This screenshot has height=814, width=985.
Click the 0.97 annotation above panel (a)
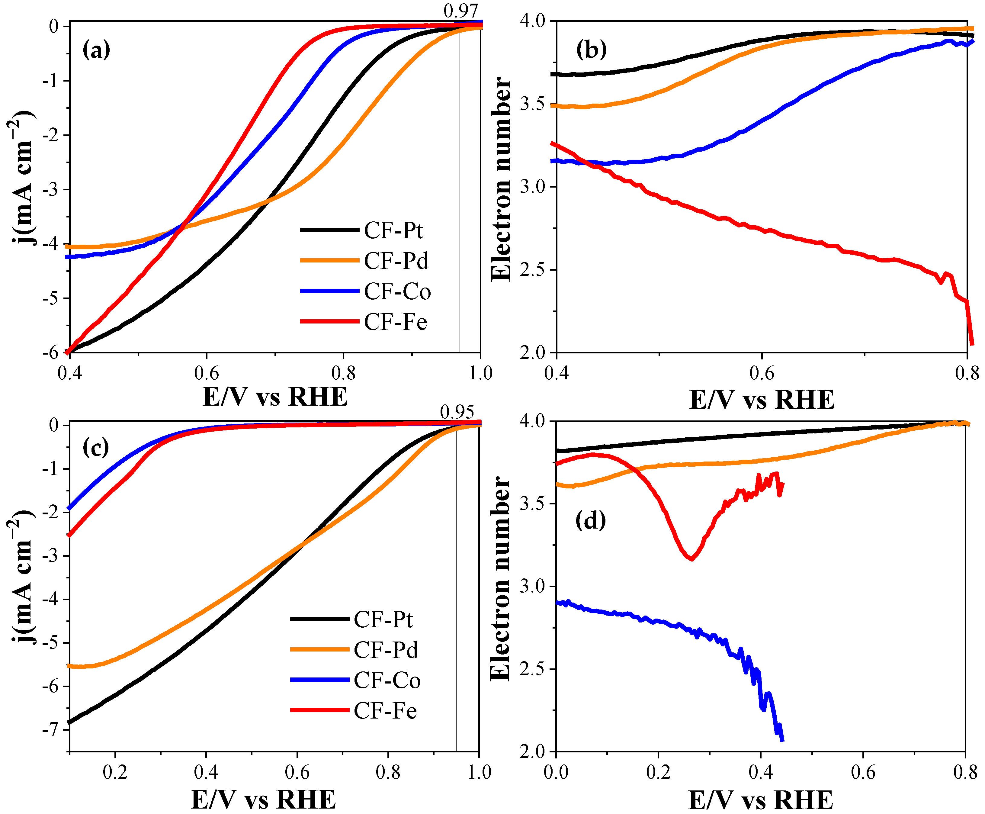[x=460, y=10]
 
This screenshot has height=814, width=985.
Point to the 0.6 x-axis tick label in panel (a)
[x=207, y=373]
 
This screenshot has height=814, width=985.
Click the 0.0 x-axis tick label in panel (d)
[x=556, y=772]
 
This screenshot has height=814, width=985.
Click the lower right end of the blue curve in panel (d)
[x=782, y=740]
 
